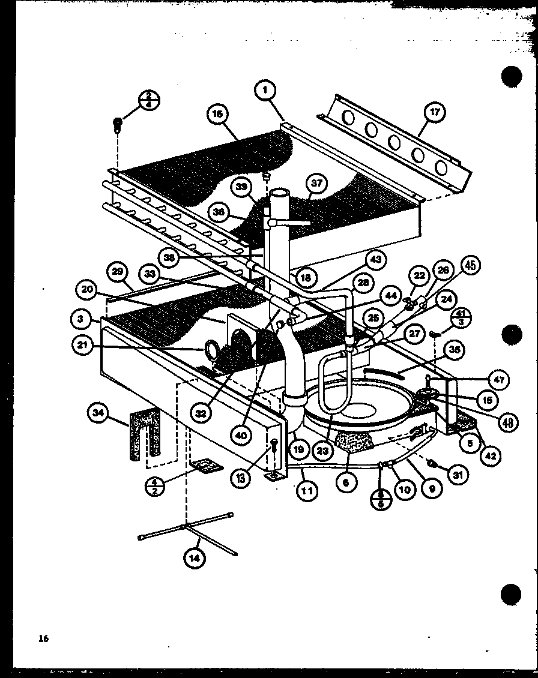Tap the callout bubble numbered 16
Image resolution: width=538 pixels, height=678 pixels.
[x=218, y=113]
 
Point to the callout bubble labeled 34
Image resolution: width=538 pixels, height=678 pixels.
[x=97, y=412]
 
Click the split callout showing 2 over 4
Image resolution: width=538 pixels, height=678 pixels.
[x=147, y=100]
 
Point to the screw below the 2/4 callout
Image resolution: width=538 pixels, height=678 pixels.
[x=118, y=125]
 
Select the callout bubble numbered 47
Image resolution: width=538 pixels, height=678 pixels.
[x=500, y=379]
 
